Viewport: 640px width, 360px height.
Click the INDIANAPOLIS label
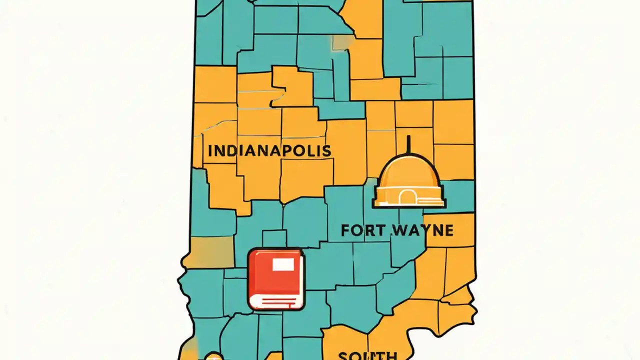[x=269, y=150]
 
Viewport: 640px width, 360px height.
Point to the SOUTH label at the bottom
[x=367, y=356]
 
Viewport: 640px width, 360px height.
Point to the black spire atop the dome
[x=409, y=145]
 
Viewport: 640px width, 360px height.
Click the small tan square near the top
[x=341, y=43]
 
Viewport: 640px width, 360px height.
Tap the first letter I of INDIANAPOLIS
[x=209, y=150]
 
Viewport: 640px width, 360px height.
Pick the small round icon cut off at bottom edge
[x=213, y=356]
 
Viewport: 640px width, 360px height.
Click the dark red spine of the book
[x=253, y=279]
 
